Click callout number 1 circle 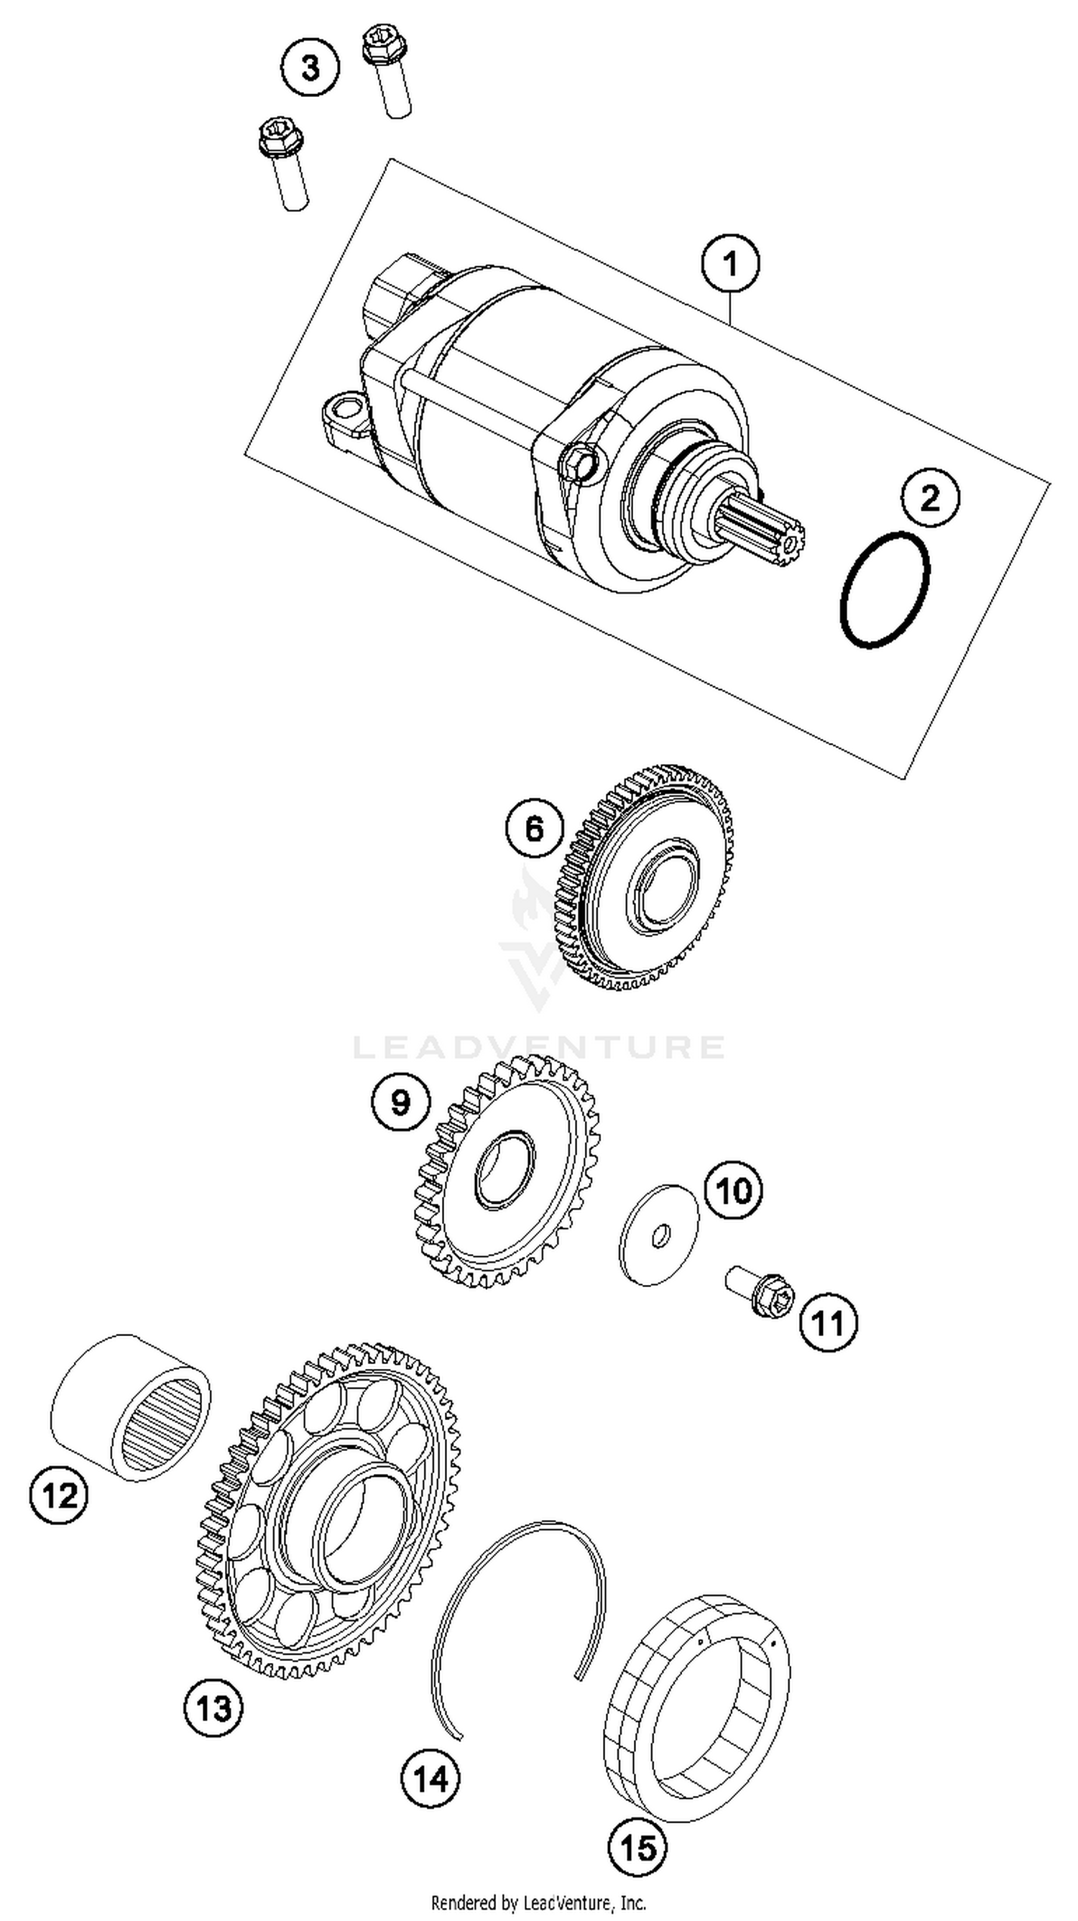pyautogui.click(x=730, y=264)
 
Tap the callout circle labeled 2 pyautogui.click(x=930, y=498)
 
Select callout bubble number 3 pyautogui.click(x=310, y=68)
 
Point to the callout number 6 pyautogui.click(x=535, y=829)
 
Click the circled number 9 pyautogui.click(x=400, y=1102)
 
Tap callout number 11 pyautogui.click(x=828, y=1324)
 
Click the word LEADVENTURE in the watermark pyautogui.click(x=538, y=1046)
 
